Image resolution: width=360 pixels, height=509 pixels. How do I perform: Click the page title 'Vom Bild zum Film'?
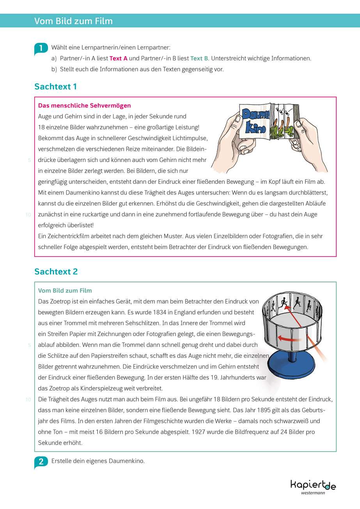pos(73,21)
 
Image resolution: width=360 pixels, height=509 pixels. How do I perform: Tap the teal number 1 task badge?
pos(41,48)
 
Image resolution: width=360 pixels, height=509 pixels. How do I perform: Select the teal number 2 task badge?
pos(41,462)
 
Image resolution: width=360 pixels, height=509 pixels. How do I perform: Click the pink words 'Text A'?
pos(119,58)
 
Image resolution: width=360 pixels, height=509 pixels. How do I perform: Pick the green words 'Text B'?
pos(199,58)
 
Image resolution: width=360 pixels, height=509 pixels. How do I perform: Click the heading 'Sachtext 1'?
pos(55,87)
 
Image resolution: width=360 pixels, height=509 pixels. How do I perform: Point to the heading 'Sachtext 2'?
pos(56,272)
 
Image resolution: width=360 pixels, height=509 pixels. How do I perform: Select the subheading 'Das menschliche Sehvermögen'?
pos(84,106)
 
